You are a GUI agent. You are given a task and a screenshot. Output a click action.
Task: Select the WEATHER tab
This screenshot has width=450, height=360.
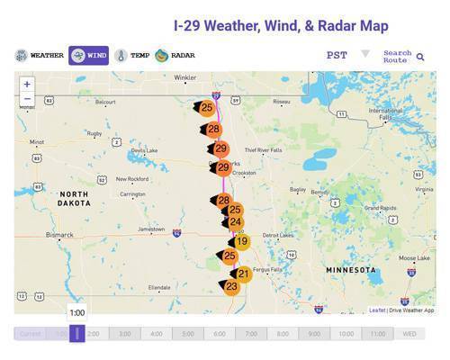(40, 55)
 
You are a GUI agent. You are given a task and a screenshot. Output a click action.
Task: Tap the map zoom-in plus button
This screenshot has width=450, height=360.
(27, 84)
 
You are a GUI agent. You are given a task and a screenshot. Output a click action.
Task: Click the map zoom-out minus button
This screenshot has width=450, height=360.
(27, 98)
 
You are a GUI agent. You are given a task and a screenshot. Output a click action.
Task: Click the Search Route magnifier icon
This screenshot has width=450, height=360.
(420, 57)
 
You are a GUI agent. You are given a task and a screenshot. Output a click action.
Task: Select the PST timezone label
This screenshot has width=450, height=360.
(337, 55)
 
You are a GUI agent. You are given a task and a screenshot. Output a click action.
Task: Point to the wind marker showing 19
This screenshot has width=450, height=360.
(241, 241)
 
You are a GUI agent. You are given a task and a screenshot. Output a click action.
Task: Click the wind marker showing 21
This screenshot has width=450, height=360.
(243, 273)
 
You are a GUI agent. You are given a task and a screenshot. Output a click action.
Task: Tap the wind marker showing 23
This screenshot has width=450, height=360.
(231, 286)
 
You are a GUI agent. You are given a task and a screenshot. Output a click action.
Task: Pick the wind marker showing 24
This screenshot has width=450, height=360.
(235, 222)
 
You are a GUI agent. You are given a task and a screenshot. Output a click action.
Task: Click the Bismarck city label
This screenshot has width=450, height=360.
(59, 235)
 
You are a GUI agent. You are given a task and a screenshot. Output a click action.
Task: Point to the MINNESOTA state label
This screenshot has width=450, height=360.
(351, 270)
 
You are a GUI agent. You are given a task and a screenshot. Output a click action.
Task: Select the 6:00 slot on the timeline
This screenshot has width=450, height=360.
(220, 334)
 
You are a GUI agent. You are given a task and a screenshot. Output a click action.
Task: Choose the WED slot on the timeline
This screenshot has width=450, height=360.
(409, 334)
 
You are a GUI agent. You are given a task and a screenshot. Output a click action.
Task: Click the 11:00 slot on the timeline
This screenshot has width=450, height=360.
(377, 334)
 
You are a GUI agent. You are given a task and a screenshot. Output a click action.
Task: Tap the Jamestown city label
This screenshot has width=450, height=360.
(151, 229)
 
